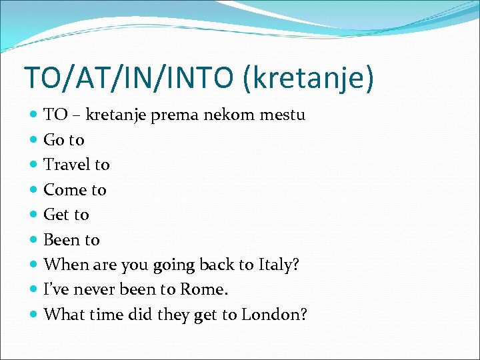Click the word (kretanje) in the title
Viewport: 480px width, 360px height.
[308, 77]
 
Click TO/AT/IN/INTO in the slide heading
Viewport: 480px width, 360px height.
[131, 77]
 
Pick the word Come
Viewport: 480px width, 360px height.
[65, 190]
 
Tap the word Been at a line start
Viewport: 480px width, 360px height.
[62, 240]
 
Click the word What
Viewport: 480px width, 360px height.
[61, 315]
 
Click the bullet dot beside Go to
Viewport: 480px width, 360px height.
[34, 140]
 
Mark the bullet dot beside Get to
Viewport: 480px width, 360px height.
[34, 215]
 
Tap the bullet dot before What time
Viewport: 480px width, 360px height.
[34, 315]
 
